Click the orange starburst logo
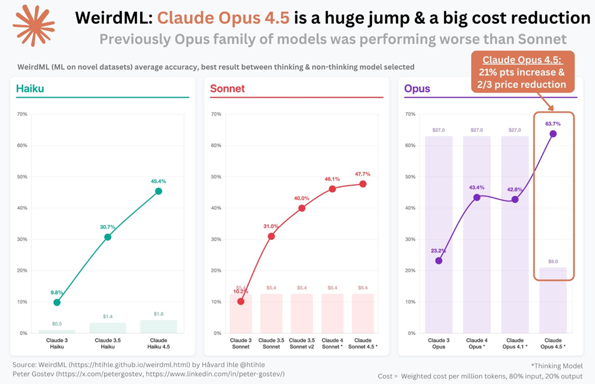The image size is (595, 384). (x=34, y=25)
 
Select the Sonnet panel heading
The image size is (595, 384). (x=228, y=89)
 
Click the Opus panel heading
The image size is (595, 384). (x=417, y=89)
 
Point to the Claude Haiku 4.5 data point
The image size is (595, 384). (x=159, y=191)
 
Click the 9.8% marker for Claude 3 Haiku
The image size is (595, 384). (x=57, y=302)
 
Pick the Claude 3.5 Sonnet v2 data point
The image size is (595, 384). (x=302, y=208)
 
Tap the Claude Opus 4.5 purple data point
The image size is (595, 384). (x=553, y=134)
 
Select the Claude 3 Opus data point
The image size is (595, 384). (x=439, y=260)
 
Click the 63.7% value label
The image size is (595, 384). (x=553, y=123)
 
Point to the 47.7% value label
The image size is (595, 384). (x=363, y=174)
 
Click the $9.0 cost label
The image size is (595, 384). (x=553, y=261)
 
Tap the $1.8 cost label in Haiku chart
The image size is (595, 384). (x=159, y=314)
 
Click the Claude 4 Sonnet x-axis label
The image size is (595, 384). (x=332, y=343)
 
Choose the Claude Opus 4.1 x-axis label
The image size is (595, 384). (x=515, y=343)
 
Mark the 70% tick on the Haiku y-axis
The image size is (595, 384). (x=23, y=114)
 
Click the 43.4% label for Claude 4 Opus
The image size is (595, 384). (x=477, y=187)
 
